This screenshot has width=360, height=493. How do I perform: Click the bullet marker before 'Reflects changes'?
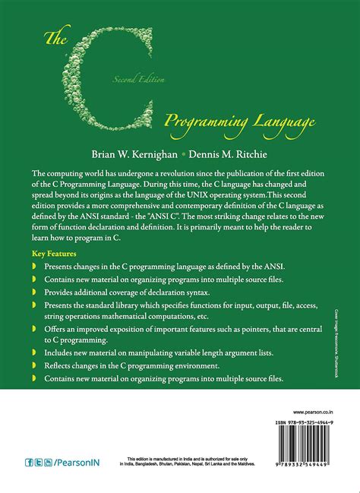pyautogui.click(x=36, y=365)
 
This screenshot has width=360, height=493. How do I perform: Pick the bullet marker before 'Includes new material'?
pyautogui.click(x=36, y=353)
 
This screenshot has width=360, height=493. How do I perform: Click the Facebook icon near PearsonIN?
pyautogui.click(x=29, y=461)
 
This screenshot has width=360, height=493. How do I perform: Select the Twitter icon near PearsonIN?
pyautogui.click(x=39, y=461)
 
